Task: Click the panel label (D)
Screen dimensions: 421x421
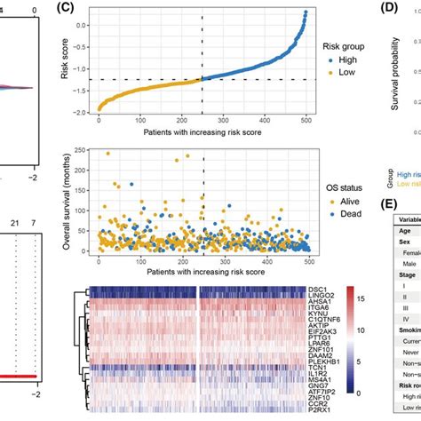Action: click(393, 12)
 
